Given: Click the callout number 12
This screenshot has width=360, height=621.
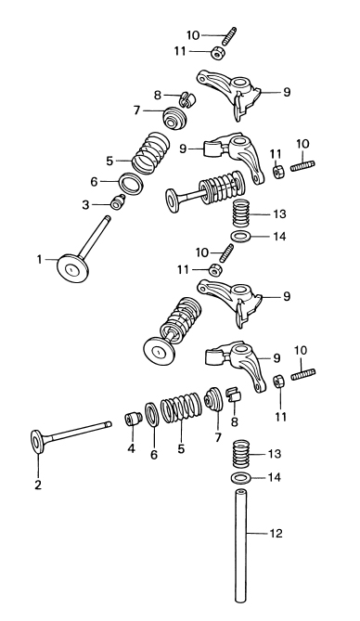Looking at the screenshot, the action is [276, 534].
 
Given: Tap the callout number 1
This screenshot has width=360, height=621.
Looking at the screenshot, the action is [39, 259].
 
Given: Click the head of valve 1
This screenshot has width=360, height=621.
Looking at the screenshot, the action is [72, 270].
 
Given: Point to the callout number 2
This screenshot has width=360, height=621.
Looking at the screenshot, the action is [38, 485].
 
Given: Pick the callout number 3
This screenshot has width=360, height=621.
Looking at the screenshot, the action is [85, 205].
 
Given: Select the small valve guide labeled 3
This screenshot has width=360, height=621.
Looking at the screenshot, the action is [118, 202].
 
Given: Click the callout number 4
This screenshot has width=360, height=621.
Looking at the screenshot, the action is [131, 448].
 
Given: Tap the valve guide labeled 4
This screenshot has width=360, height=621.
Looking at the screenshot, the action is [134, 419].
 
